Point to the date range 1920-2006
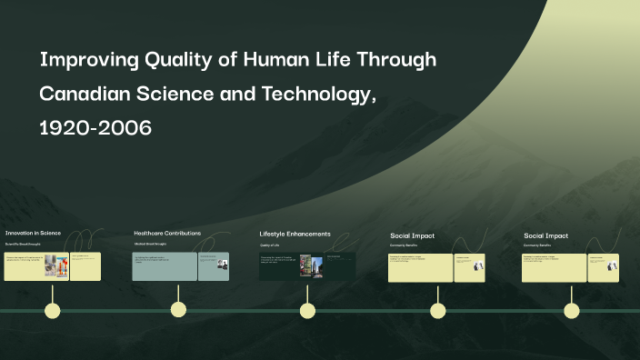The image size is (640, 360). coord(95,128)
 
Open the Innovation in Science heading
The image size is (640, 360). coord(33,233)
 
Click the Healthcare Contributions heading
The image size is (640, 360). coord(167,233)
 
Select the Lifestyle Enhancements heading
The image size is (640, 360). coord(295,234)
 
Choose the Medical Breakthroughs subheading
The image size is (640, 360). coord(150,245)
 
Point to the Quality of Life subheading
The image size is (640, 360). coord(270,245)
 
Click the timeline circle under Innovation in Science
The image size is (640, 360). coord(54,311)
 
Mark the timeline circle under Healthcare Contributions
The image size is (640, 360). coord(178,311)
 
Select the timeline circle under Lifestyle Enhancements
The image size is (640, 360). coord(307,311)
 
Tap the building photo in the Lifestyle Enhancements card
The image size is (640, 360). coord(316,266)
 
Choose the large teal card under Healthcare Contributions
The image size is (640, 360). coord(165,266)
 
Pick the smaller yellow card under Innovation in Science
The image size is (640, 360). coord(86,266)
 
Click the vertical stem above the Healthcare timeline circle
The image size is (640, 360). coord(178,293)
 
